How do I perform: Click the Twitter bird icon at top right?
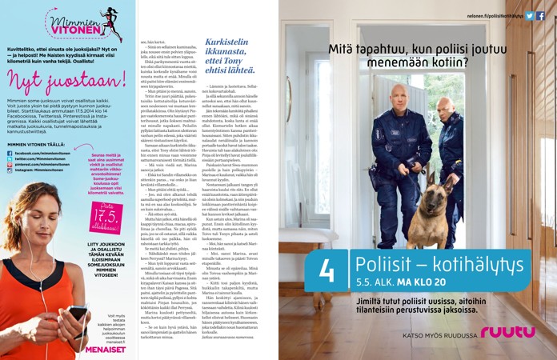(x=530, y=15)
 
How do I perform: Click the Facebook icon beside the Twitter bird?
(x=541, y=15)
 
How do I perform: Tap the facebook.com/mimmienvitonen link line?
(x=46, y=152)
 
